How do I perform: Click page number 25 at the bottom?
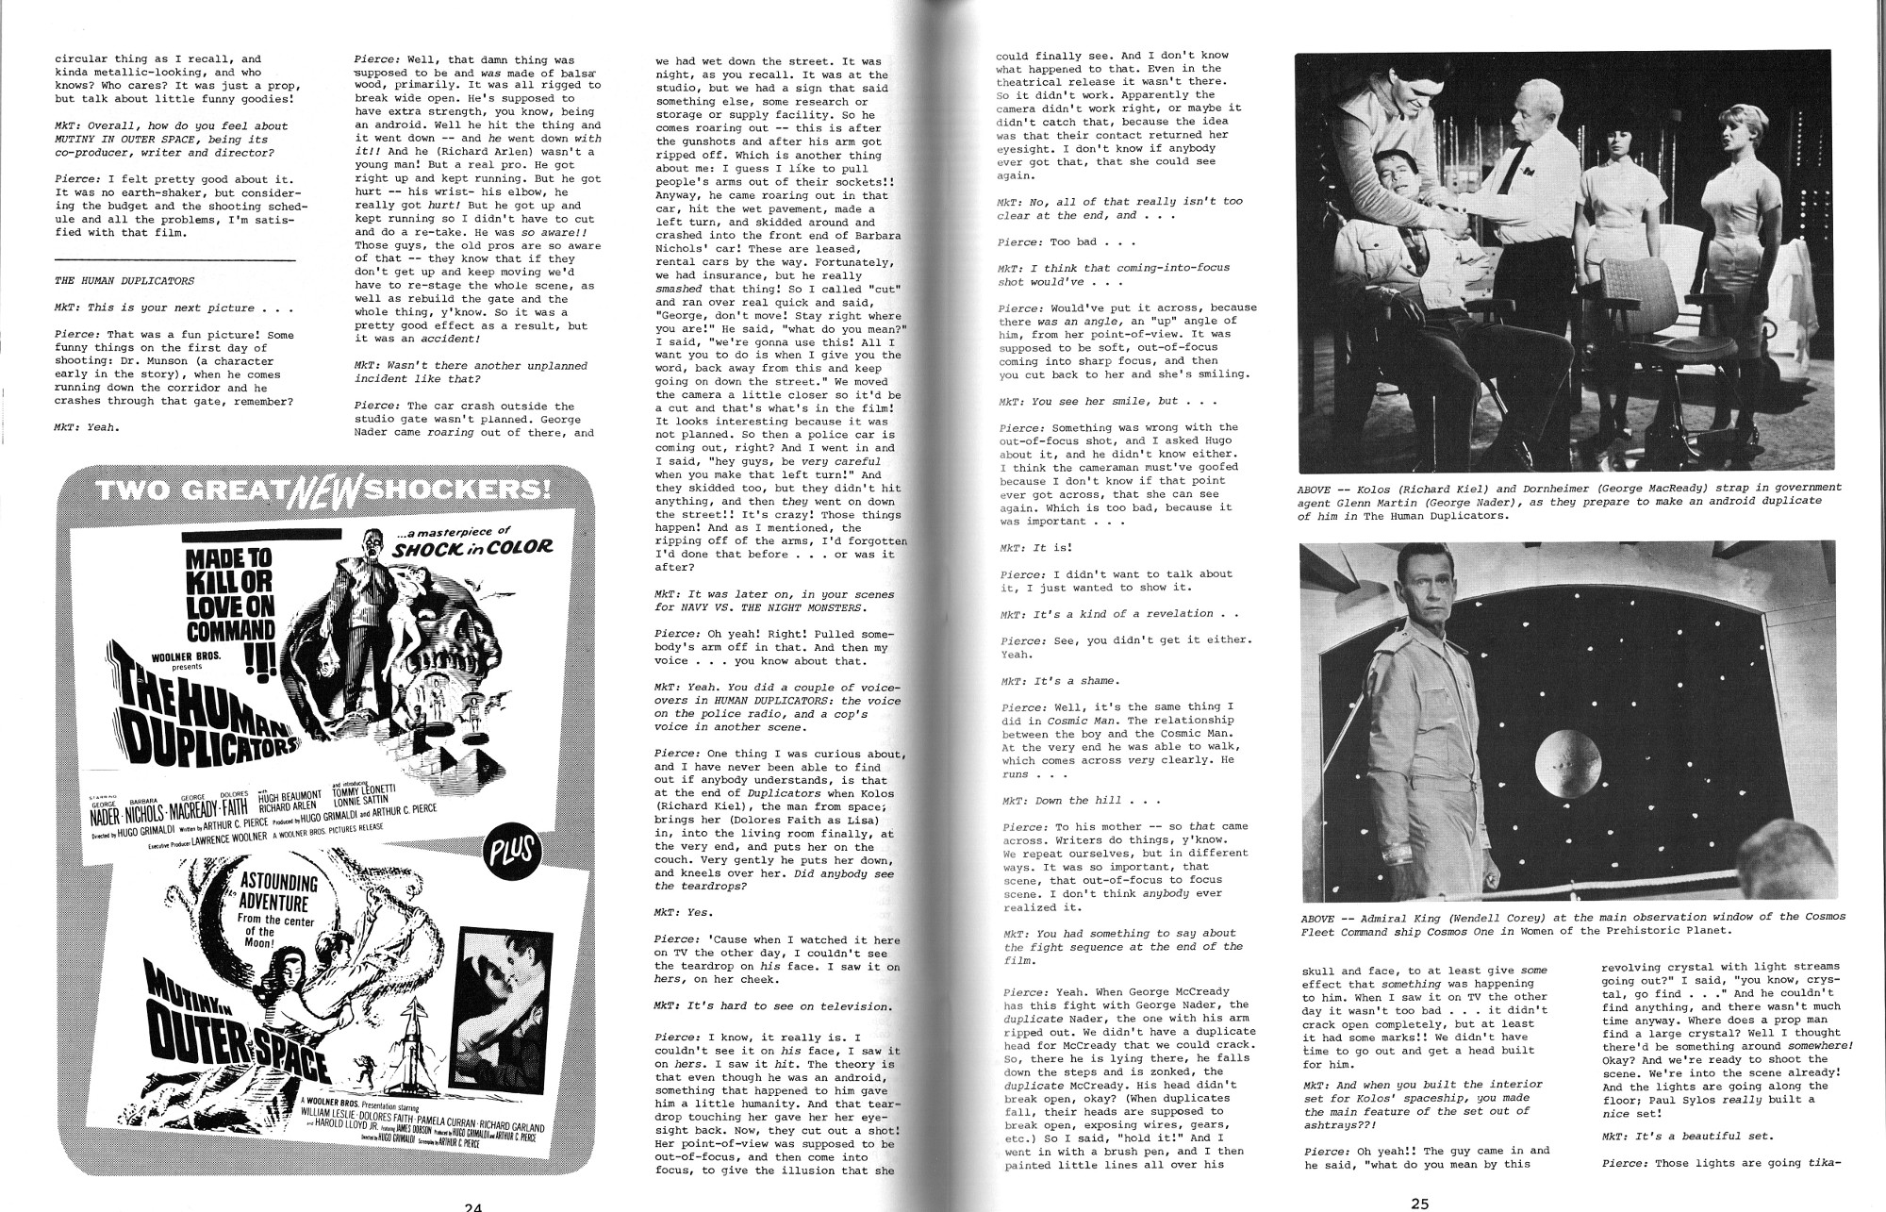click(1420, 1203)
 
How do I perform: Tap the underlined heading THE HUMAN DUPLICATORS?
click(124, 280)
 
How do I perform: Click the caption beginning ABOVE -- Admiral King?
click(1571, 923)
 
